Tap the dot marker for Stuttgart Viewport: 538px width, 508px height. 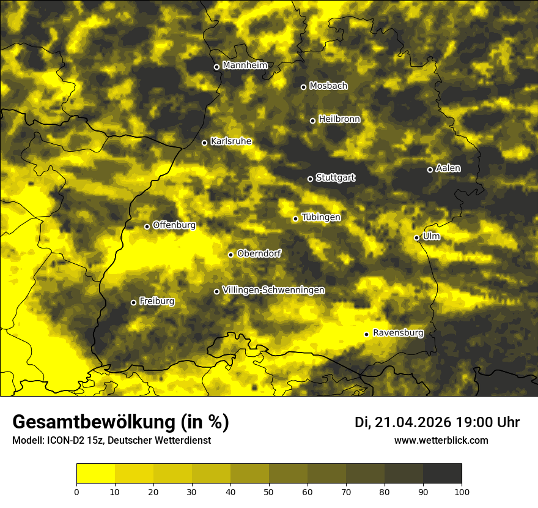[310, 179]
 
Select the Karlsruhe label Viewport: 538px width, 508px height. [230, 141]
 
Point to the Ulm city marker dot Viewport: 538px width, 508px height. [416, 237]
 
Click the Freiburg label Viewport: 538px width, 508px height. [157, 301]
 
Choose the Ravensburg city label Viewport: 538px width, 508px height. [397, 333]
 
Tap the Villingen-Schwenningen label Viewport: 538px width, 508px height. [273, 290]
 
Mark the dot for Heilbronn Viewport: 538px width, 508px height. [312, 121]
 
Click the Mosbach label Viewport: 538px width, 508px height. [328, 86]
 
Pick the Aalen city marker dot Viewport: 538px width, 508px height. [430, 170]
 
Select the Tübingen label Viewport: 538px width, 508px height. [320, 217]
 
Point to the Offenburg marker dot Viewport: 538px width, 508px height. [147, 226]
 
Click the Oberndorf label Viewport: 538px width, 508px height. [259, 253]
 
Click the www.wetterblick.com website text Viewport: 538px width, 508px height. [441, 440]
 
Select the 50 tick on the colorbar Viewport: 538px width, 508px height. [269, 491]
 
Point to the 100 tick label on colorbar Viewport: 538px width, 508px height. [462, 491]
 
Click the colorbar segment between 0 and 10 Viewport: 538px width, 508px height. [95, 474]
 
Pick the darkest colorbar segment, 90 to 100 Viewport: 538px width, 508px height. [442, 474]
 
